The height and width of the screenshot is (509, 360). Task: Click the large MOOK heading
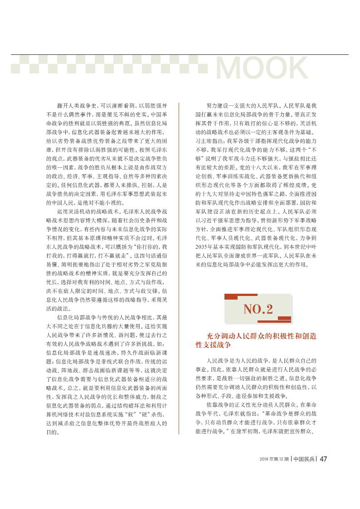[x=262, y=68]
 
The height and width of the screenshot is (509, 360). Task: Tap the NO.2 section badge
[x=258, y=309]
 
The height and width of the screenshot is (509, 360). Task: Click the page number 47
[x=324, y=458]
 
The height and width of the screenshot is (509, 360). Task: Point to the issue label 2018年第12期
[x=275, y=459]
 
